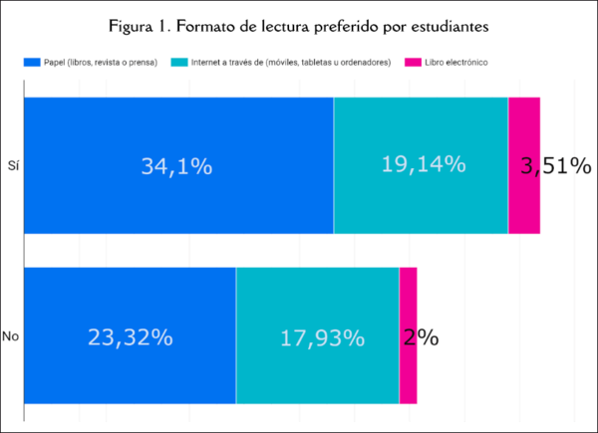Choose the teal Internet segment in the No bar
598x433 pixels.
pos(317,378)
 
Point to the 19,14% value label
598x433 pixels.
pos(424,164)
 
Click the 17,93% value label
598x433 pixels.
pos(318,337)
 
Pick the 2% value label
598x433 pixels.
pos(422,337)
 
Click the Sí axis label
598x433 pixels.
pos(13,166)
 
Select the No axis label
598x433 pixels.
pos(12,337)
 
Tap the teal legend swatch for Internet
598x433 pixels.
pos(181,63)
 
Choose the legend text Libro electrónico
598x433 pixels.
pos(454,63)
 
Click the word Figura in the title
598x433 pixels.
pos(133,24)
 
